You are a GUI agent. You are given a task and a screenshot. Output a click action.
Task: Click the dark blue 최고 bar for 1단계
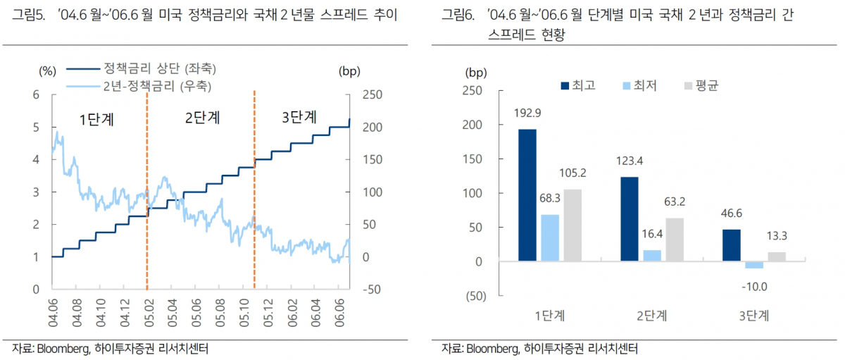click(x=527, y=195)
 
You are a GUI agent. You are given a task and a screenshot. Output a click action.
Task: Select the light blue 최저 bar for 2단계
click(x=652, y=256)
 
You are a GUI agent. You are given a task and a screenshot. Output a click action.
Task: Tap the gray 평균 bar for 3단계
click(x=776, y=257)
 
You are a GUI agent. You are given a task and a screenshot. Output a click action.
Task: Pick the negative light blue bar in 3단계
click(x=754, y=265)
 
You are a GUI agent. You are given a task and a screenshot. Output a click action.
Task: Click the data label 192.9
click(x=527, y=113)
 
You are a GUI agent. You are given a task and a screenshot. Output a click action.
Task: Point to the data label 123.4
click(x=630, y=161)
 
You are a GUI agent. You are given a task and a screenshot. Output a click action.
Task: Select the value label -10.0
click(x=754, y=286)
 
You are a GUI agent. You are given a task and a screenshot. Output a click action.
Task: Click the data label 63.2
click(x=675, y=202)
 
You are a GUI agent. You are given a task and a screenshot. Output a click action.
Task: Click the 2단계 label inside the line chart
click(x=202, y=118)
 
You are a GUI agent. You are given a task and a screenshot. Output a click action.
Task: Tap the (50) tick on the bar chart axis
click(x=477, y=296)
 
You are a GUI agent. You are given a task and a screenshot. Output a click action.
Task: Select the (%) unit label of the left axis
click(x=46, y=70)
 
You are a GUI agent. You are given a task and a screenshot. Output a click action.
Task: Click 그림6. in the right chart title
click(x=459, y=15)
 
